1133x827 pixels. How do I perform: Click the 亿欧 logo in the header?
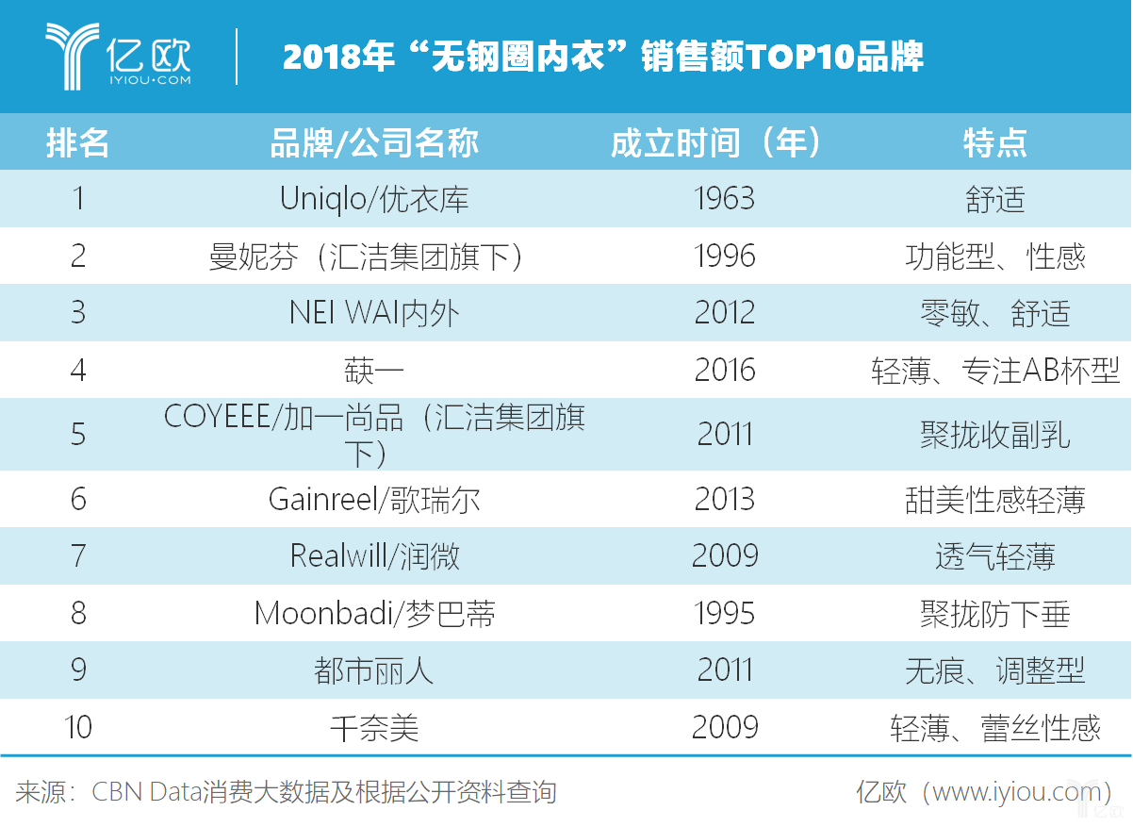[118, 57]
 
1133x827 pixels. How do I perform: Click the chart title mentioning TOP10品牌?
[602, 58]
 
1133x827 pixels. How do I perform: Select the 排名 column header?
[78, 142]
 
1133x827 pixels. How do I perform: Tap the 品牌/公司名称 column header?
[374, 142]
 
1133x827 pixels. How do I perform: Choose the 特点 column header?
[994, 142]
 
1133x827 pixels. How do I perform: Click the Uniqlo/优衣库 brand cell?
[374, 199]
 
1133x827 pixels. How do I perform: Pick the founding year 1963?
[724, 199]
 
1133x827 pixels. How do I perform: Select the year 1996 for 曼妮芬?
[724, 256]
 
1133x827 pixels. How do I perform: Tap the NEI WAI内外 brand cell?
[374, 312]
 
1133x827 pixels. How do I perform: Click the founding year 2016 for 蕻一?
[724, 370]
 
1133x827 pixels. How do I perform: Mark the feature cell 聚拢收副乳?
[994, 434]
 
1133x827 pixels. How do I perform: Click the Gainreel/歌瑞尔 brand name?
[374, 499]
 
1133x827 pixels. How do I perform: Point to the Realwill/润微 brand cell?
[374, 556]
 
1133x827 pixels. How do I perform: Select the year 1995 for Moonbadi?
[724, 614]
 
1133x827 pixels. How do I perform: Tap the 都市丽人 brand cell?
[374, 670]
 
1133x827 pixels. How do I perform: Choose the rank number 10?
[78, 727]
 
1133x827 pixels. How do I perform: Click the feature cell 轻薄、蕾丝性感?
[994, 728]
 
